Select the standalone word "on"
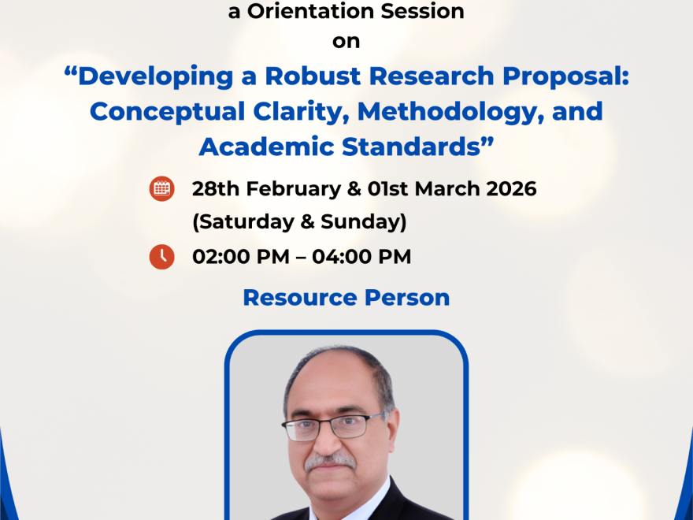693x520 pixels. [346, 42]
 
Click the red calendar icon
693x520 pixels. [162, 189]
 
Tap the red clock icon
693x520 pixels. [162, 257]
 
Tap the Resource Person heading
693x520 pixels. [346, 298]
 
